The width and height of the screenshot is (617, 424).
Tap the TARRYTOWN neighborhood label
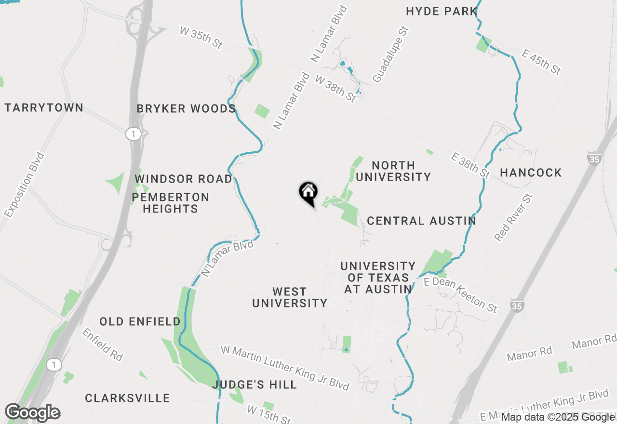pos(44,107)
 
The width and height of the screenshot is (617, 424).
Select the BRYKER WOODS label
pos(186,109)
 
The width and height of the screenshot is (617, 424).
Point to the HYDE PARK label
pos(442,11)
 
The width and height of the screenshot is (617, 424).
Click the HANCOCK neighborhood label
pos(531,172)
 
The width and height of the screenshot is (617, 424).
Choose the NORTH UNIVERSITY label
pos(393,171)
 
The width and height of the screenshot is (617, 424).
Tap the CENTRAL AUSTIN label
pos(421,221)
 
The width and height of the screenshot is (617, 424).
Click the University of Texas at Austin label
pos(378,278)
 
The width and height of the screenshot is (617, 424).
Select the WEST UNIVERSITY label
pos(290,297)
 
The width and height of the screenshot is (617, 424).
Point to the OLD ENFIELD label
pos(140,321)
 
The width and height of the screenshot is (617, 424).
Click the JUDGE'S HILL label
pos(255,384)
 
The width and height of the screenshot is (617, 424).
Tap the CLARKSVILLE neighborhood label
pos(127,398)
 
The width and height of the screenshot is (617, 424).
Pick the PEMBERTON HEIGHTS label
pos(171,203)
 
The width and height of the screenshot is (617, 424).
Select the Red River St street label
pos(514,217)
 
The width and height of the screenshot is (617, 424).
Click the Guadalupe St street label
pos(390,54)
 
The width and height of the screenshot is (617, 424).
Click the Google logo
pos(32,412)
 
